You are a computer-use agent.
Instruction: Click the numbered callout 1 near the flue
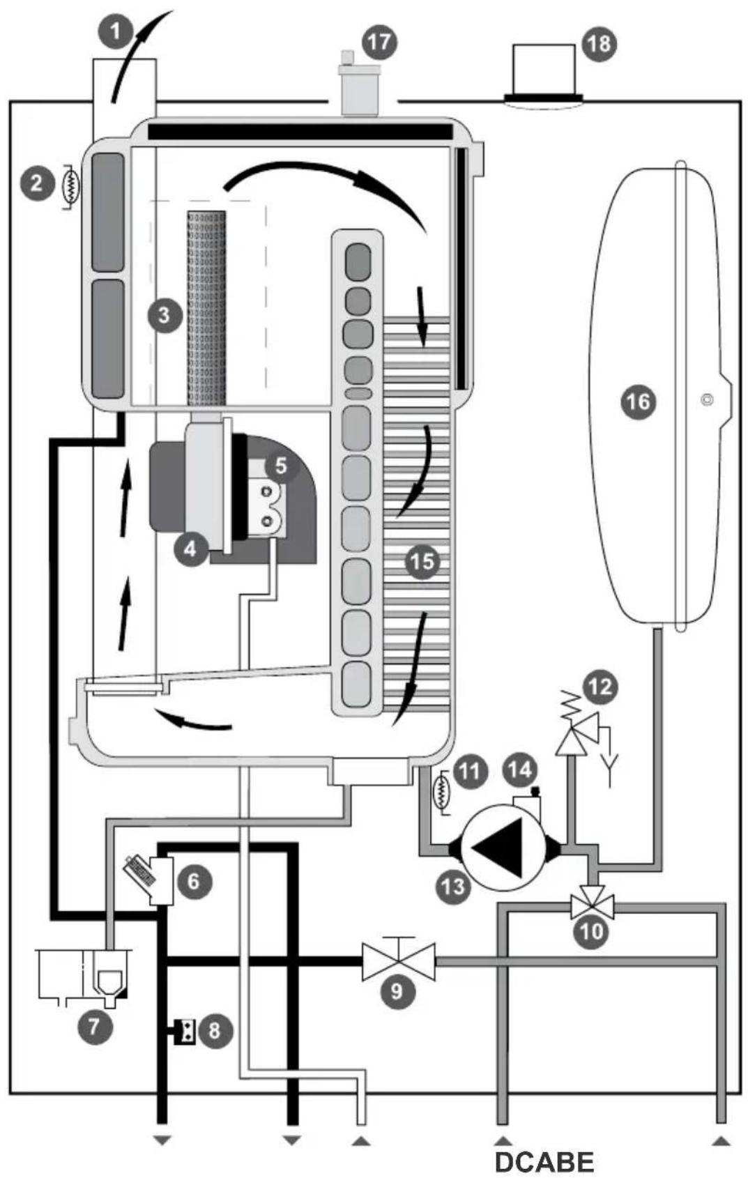(116, 31)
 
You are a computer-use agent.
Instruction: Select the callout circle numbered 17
(380, 42)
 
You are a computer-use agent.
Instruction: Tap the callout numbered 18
(599, 44)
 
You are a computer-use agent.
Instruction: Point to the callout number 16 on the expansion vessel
(639, 402)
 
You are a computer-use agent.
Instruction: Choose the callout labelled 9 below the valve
(397, 991)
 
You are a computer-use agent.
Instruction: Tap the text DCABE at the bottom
(544, 1161)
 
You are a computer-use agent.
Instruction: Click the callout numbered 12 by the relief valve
(601, 687)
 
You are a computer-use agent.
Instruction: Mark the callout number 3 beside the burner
(165, 316)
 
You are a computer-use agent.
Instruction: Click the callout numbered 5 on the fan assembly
(281, 466)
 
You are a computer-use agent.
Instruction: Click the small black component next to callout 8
(184, 1031)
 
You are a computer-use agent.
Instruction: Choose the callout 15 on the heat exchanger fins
(422, 562)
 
